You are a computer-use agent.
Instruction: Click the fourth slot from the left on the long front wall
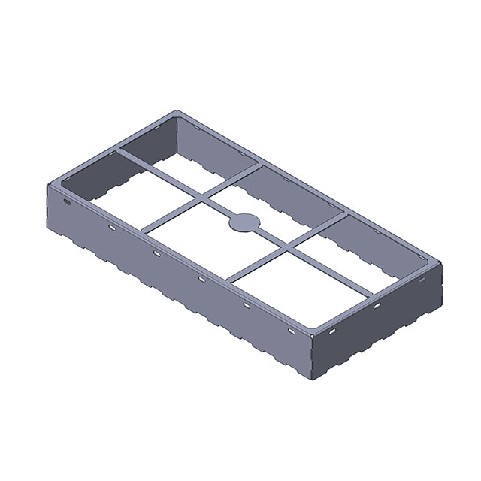[x=201, y=280]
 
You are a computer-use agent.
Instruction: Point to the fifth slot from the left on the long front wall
[x=246, y=305]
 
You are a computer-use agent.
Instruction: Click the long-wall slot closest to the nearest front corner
[x=291, y=331]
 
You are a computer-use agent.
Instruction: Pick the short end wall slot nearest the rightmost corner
[x=422, y=280]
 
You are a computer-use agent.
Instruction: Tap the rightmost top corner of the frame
[x=440, y=262]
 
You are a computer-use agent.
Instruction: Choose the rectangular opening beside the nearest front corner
[x=301, y=282]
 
